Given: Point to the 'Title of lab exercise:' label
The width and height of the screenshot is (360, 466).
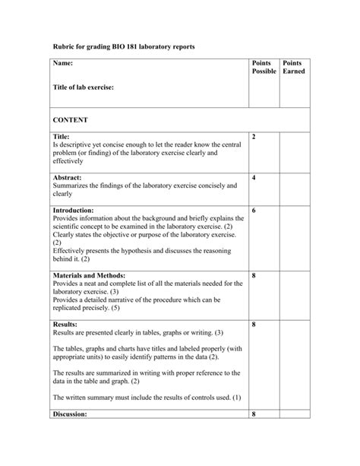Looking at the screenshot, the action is click(x=83, y=87).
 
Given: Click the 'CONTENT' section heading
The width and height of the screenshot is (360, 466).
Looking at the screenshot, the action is click(x=70, y=120).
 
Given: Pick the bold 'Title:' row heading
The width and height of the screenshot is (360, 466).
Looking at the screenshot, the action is click(x=61, y=136).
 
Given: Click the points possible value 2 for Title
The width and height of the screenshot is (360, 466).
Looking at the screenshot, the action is click(x=254, y=136).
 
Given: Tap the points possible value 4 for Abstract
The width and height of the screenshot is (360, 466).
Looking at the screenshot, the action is click(x=254, y=177).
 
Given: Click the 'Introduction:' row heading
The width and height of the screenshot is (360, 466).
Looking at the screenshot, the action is click(x=74, y=210).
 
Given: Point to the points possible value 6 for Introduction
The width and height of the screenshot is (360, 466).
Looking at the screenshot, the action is click(x=254, y=210).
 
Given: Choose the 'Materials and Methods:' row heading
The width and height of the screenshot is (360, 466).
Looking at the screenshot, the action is click(x=89, y=275).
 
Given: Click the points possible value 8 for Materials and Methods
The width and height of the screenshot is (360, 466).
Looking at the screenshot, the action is click(x=254, y=275).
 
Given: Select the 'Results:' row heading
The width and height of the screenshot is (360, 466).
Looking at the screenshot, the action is click(x=65, y=325).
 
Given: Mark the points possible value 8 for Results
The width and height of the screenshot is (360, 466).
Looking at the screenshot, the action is click(x=254, y=325).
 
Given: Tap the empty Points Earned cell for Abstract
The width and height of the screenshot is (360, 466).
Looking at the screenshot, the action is click(x=294, y=188).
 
